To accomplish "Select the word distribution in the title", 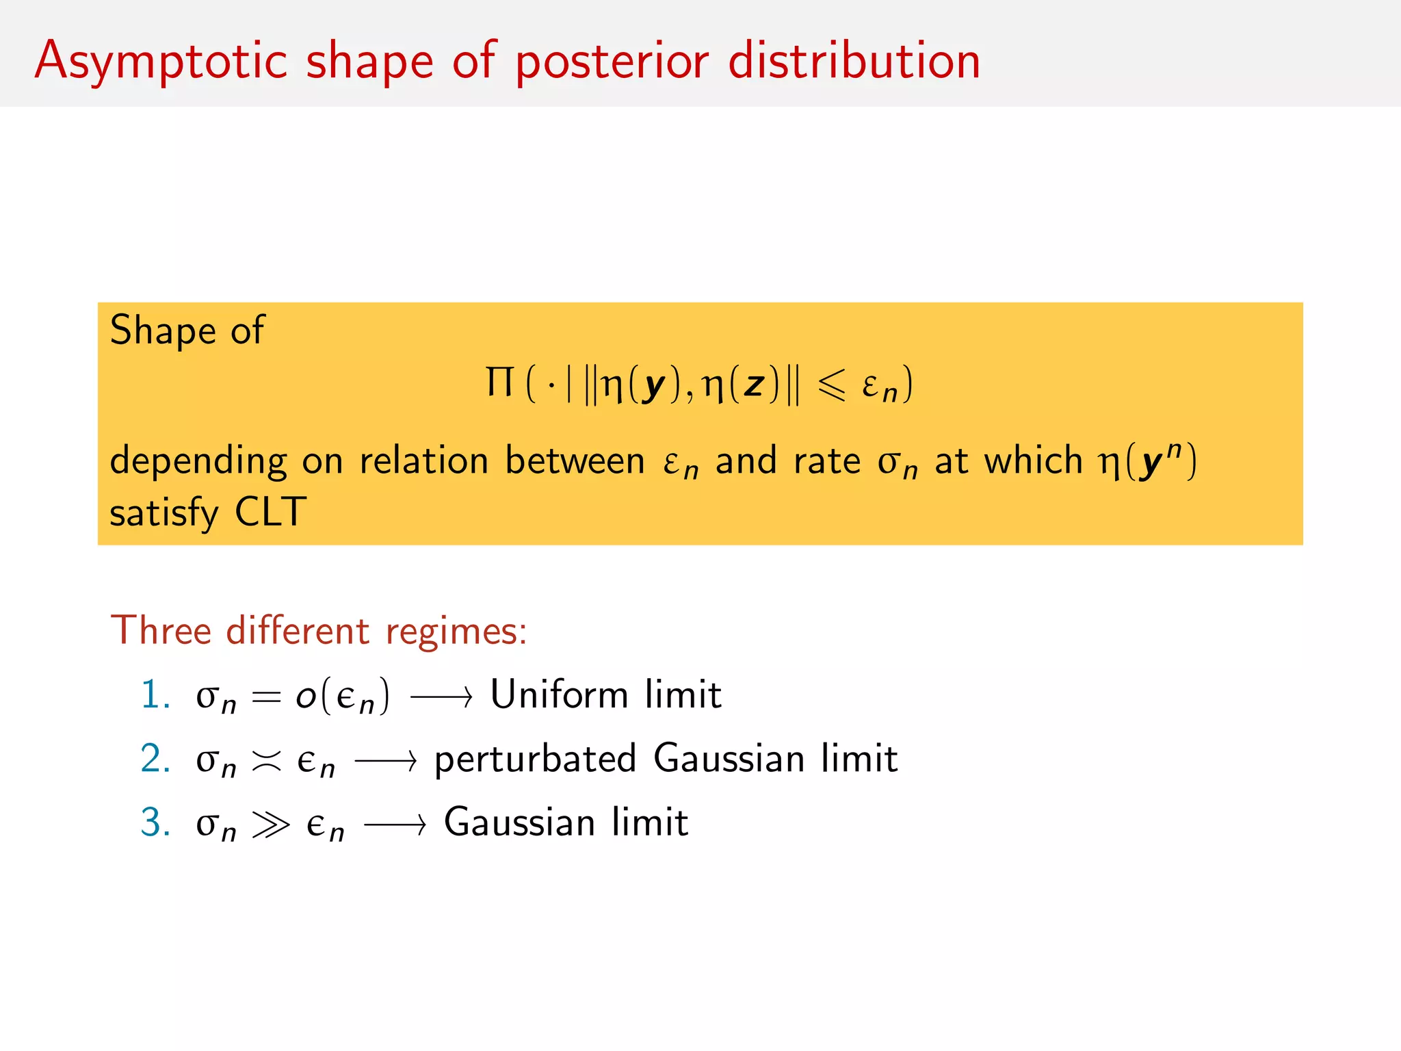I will point(854,60).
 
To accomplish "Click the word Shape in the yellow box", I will point(163,330).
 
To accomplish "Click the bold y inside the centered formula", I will point(654,385).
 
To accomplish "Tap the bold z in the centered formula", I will point(754,385).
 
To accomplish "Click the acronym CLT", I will point(270,512).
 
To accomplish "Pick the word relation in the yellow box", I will point(423,460).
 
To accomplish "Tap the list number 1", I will point(155,695).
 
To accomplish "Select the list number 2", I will point(155,759).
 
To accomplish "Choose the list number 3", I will point(155,822).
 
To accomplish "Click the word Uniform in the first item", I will point(558,695).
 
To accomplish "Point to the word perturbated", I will point(535,760).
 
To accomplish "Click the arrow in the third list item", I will point(395,825).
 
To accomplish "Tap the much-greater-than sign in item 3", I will point(270,825).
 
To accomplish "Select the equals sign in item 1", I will point(266,697).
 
